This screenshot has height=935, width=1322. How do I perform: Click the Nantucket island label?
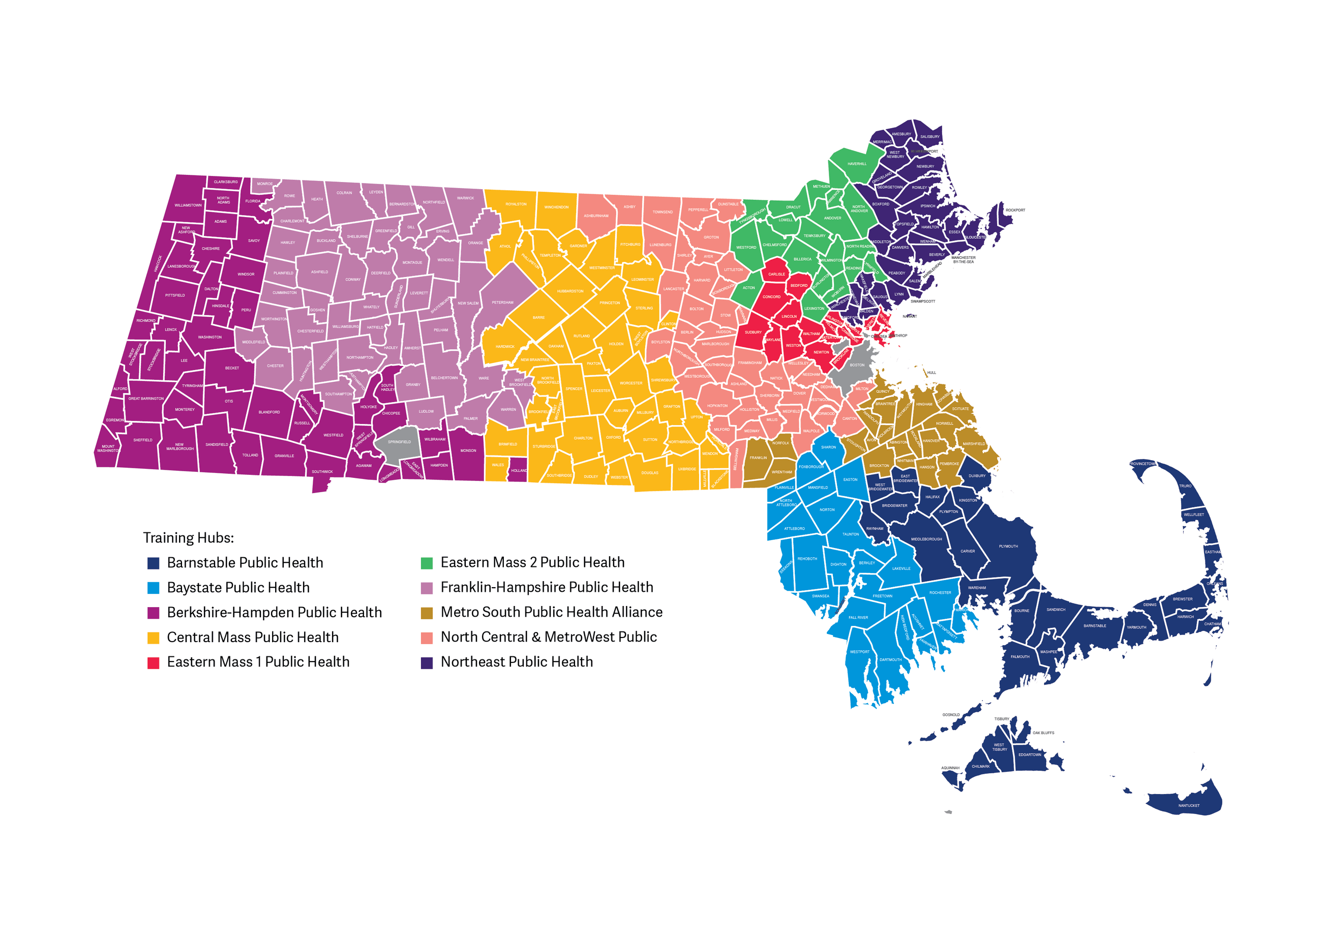pyautogui.click(x=1188, y=805)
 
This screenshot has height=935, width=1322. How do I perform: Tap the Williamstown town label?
pyautogui.click(x=188, y=205)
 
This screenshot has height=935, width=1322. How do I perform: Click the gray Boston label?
pyautogui.click(x=857, y=365)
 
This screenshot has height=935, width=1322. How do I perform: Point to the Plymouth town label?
pyautogui.click(x=1008, y=546)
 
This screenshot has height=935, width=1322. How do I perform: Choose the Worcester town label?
pyautogui.click(x=631, y=383)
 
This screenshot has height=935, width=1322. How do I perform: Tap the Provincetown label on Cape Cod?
pyautogui.click(x=1143, y=464)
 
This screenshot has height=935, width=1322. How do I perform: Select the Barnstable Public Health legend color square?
pyautogui.click(x=153, y=563)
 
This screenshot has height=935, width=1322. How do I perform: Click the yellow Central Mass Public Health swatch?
pyautogui.click(x=153, y=638)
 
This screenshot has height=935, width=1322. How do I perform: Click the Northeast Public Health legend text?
pyautogui.click(x=517, y=662)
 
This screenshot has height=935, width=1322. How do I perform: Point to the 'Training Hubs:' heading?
pyautogui.click(x=188, y=538)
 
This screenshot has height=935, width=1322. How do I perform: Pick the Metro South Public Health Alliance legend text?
pyautogui.click(x=551, y=612)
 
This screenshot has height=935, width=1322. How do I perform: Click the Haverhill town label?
pyautogui.click(x=857, y=164)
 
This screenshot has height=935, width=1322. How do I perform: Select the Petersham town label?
pyautogui.click(x=503, y=303)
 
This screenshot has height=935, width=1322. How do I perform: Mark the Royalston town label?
pyautogui.click(x=516, y=204)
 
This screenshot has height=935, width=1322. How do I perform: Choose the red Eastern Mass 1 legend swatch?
pyautogui.click(x=153, y=662)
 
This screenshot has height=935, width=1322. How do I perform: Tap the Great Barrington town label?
pyautogui.click(x=145, y=399)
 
